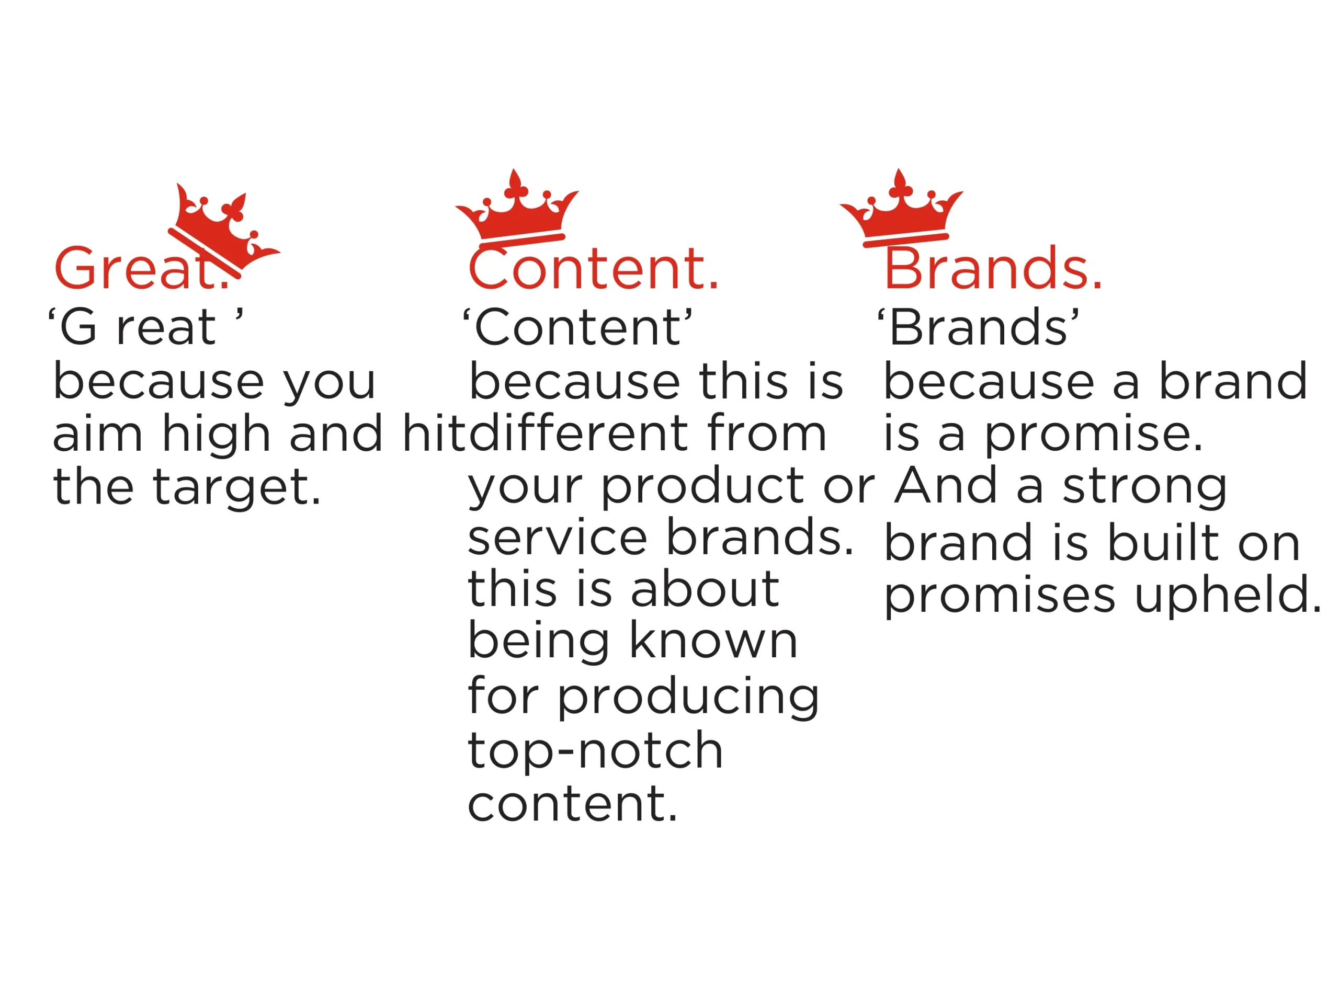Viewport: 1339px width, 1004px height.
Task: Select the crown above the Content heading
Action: coord(516,209)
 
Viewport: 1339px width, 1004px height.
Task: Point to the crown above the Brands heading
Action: coord(901,209)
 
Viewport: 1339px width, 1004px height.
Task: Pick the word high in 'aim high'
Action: coord(216,435)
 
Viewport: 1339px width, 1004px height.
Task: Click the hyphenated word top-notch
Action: coord(595,751)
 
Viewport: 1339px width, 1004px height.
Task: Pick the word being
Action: coord(539,643)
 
